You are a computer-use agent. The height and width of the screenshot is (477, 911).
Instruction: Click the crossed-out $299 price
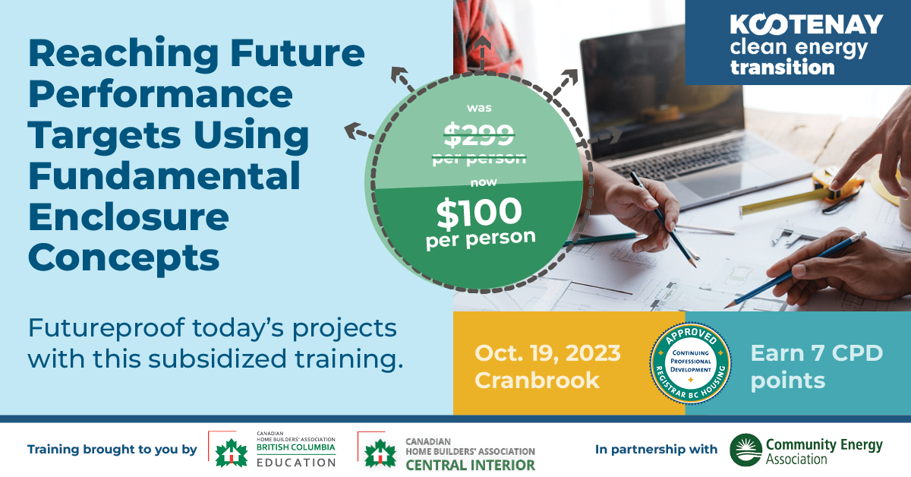pos(479,134)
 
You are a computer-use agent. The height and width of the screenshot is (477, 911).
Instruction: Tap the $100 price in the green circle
pos(479,212)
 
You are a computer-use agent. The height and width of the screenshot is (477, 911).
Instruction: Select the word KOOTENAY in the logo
pos(807,25)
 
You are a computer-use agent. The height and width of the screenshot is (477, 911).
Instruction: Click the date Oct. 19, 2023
pos(547,353)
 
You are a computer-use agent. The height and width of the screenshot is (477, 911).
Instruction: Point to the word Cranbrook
pos(537,381)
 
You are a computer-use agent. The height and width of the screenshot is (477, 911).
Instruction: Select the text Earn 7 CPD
pos(817,353)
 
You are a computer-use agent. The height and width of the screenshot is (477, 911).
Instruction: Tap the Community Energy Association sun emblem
pos(746,450)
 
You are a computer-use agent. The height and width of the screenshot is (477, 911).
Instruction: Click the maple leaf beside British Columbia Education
pos(232,453)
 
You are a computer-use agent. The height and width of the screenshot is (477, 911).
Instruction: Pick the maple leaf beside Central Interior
pos(380,453)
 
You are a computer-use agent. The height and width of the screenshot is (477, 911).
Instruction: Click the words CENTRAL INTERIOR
pos(470,465)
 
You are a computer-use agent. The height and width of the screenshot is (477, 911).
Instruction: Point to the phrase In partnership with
pos(656,450)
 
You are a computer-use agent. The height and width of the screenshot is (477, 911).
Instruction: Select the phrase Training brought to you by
pos(112,450)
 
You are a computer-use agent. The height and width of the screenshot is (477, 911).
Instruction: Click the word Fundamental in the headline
pos(164,175)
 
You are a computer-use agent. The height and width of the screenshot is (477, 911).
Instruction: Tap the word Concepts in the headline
pos(124,257)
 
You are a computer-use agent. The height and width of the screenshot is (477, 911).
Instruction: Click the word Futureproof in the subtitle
pos(106,328)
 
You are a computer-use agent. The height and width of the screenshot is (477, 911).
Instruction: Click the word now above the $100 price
pos(484,182)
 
